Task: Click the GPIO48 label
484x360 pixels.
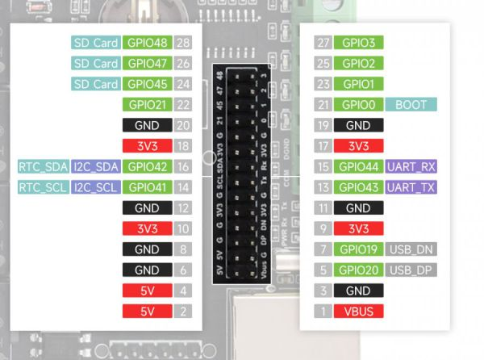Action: pos(148,43)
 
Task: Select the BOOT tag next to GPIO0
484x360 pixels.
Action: pos(411,105)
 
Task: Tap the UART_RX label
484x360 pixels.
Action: pos(411,167)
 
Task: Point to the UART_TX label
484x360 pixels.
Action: pos(411,187)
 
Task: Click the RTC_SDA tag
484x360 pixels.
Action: pos(44,167)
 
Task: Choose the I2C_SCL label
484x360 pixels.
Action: pos(96,187)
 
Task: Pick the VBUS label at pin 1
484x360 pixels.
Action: pos(359,312)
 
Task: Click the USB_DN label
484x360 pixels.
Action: pos(411,249)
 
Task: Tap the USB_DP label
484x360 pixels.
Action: pos(411,270)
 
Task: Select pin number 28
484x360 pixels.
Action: pos(183,43)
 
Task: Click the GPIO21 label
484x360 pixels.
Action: pos(148,105)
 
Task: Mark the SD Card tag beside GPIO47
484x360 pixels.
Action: pos(96,63)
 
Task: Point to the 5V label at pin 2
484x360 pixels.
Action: pos(148,312)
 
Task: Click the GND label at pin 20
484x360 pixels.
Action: pos(148,125)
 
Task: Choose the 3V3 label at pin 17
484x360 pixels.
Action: pos(359,146)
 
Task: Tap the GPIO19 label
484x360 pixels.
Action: pos(359,249)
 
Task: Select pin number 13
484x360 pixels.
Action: pos(323,187)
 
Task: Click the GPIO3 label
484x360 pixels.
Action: pos(359,43)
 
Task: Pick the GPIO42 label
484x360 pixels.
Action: pos(148,167)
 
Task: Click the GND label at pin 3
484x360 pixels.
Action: pos(359,291)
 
